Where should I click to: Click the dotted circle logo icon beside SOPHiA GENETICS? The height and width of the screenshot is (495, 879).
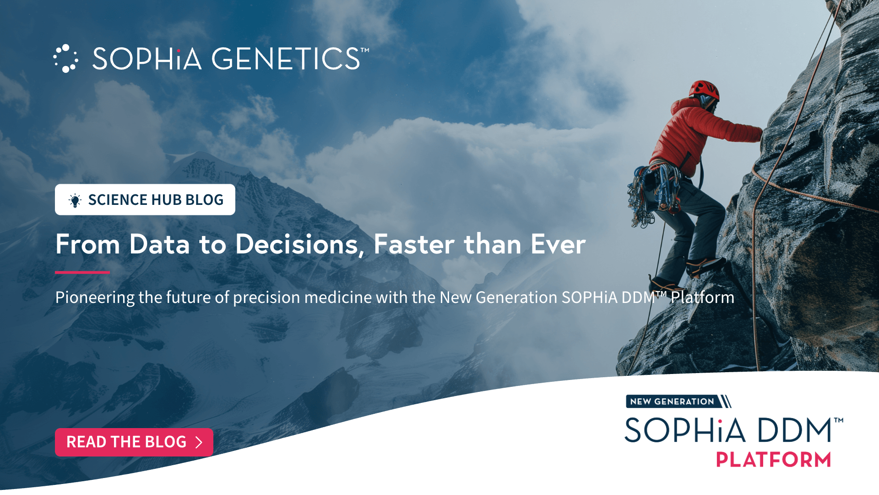pos(65,59)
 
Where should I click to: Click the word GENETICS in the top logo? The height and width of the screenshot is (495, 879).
pos(286,59)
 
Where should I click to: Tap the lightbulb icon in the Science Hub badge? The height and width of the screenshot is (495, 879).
pos(75,200)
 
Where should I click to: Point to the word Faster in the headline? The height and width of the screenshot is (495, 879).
pos(414,244)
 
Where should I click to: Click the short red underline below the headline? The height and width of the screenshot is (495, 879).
pos(82,272)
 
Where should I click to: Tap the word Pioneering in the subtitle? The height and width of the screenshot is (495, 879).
pos(95,297)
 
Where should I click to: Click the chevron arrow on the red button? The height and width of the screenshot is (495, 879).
pos(199,442)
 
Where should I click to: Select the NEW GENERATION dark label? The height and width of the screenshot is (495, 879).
pos(672,401)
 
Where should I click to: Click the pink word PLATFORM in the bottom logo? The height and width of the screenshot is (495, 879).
pos(774,459)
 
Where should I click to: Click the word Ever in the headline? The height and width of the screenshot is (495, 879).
pos(558,244)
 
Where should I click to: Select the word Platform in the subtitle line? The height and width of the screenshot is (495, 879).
pos(702,297)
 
